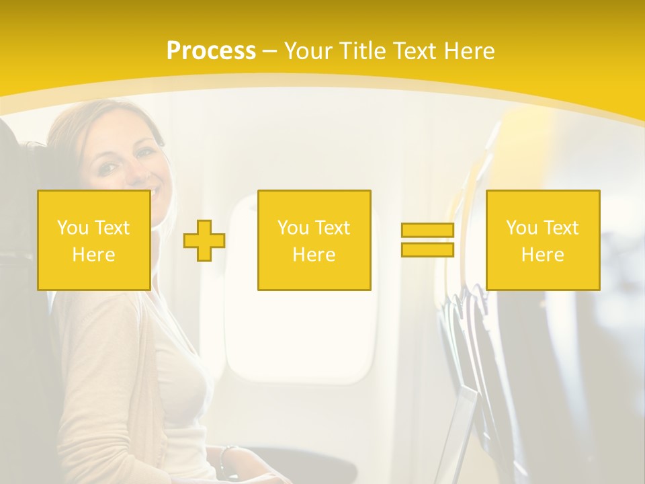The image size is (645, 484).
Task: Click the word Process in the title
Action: tap(211, 51)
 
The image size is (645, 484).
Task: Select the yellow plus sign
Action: tap(204, 241)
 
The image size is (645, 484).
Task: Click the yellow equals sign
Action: tap(427, 240)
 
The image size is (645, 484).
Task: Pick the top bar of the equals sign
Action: tap(427, 231)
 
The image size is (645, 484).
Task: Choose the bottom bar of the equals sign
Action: tap(427, 249)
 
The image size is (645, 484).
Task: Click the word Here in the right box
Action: tap(542, 255)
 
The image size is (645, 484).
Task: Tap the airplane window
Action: tap(302, 336)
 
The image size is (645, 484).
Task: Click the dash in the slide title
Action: tap(269, 51)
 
